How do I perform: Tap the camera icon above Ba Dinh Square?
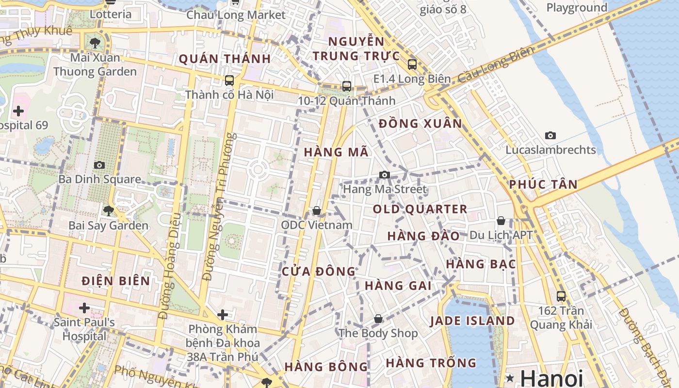click(99, 165)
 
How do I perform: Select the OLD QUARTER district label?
click(420, 210)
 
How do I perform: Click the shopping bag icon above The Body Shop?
click(378, 319)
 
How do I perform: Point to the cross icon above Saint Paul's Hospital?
click(84, 307)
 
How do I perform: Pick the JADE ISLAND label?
click(472, 321)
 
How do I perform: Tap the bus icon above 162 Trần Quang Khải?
click(561, 296)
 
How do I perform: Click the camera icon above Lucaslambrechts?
click(550, 135)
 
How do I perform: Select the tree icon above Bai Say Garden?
click(109, 210)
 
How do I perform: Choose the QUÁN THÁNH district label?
click(225, 59)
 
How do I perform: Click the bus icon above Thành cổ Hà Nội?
click(229, 80)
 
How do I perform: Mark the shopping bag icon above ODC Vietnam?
click(317, 210)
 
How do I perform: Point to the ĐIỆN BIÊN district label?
click(116, 281)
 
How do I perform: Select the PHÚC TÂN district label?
click(543, 184)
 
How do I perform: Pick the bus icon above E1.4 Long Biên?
click(412, 64)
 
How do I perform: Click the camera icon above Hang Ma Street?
click(385, 175)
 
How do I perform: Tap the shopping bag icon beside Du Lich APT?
click(501, 221)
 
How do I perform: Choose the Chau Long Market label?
click(236, 15)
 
